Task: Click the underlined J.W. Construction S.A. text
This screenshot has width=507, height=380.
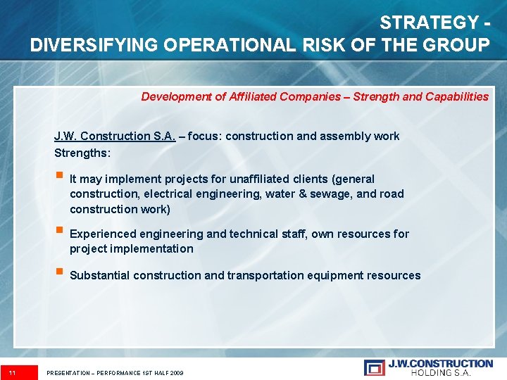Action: point(115,136)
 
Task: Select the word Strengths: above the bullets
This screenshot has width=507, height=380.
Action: point(82,152)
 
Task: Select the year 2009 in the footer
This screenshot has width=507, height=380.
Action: point(176,372)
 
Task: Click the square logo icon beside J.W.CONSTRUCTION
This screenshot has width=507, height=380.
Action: point(375,367)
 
